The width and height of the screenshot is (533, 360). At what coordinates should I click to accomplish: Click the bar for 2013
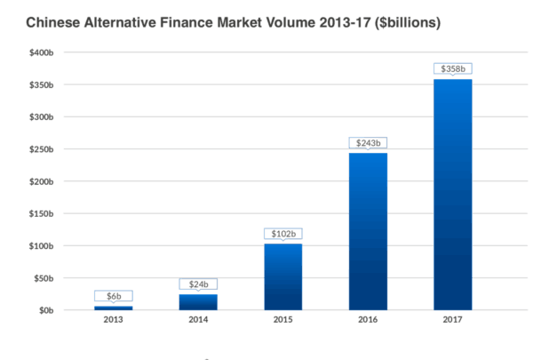(113, 308)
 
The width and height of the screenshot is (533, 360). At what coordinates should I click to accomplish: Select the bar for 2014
(198, 302)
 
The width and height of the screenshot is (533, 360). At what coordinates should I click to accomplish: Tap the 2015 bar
(283, 276)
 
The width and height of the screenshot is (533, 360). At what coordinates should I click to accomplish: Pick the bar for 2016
(369, 231)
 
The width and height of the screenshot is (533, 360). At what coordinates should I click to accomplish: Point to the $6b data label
(113, 296)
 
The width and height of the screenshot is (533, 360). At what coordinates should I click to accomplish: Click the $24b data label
(198, 284)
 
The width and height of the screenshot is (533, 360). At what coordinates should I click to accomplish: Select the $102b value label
(283, 234)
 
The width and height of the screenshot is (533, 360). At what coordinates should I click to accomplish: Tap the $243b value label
(369, 143)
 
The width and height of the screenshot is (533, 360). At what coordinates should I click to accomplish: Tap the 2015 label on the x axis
(283, 320)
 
